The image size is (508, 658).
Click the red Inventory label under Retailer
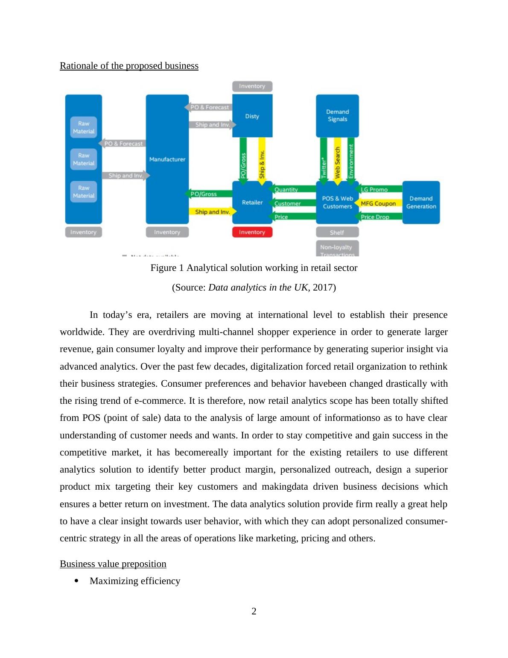click(252, 232)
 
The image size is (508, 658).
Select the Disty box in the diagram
click(252, 116)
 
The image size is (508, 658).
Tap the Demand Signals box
click(337, 115)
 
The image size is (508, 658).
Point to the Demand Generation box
click(421, 202)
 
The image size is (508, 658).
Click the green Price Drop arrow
click(378, 217)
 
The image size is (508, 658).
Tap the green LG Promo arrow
click(378, 189)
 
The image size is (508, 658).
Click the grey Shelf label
click(337, 232)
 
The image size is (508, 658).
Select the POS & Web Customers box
click(337, 202)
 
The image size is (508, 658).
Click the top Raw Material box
click(84, 127)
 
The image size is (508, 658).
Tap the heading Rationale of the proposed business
click(129, 66)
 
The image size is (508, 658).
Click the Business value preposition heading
click(113, 564)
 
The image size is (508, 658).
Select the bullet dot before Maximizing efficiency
click(77, 581)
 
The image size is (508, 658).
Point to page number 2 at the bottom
click(254, 611)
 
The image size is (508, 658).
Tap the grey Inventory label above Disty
click(252, 86)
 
